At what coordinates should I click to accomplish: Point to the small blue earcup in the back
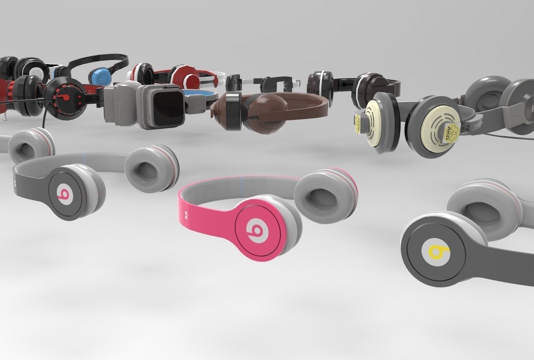[x=100, y=77]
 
